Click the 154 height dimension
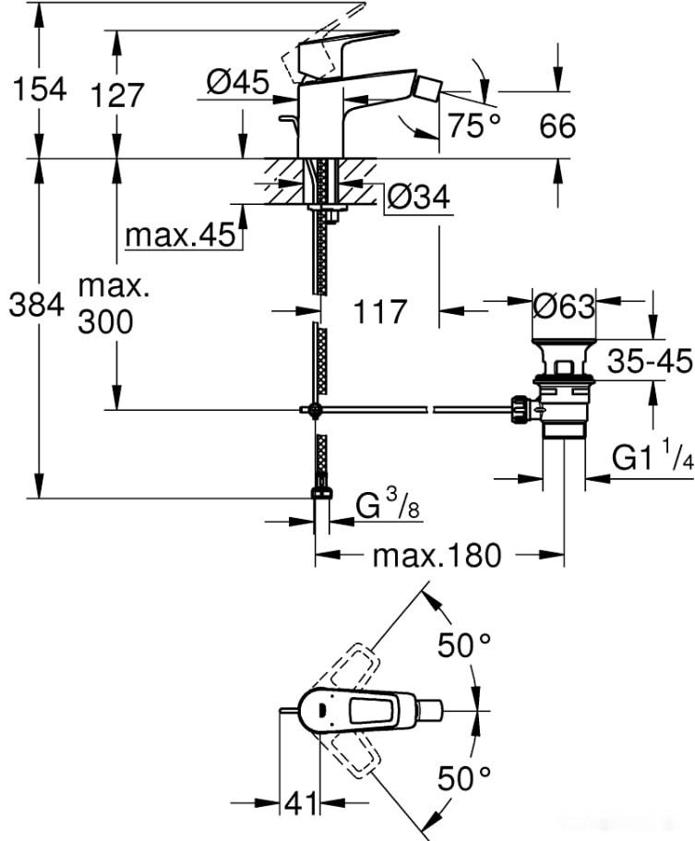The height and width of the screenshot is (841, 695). [38, 90]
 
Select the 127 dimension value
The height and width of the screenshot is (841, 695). [117, 96]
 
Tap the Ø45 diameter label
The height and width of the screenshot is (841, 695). [237, 83]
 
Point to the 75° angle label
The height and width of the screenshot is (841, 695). [474, 126]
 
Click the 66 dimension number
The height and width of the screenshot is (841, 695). [557, 126]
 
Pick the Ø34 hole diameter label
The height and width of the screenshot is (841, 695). [418, 197]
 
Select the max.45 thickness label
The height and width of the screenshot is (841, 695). [181, 236]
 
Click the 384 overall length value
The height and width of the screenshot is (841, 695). [38, 305]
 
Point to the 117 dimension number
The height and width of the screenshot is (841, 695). [380, 312]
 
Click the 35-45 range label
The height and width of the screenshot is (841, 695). [650, 362]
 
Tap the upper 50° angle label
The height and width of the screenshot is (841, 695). [463, 646]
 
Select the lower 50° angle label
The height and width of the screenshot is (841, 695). [463, 779]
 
